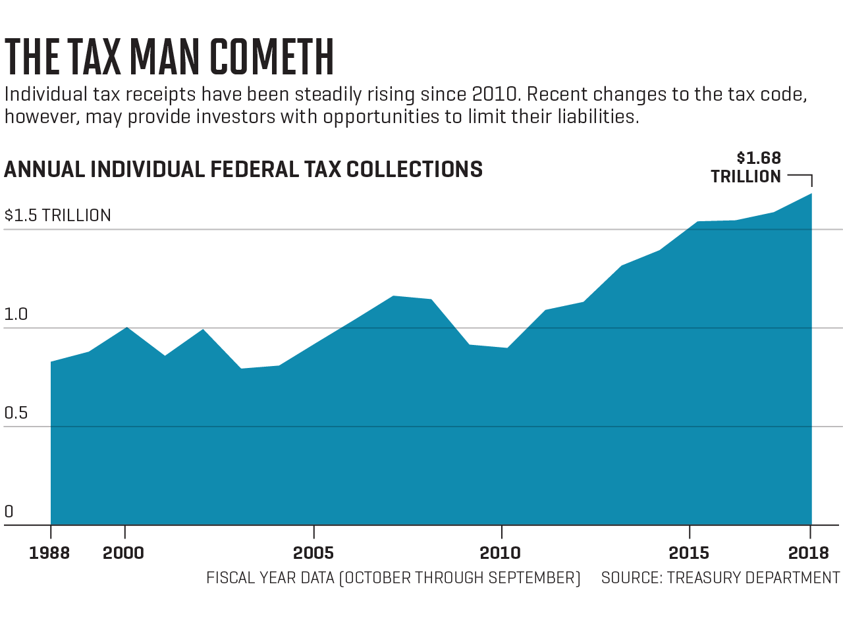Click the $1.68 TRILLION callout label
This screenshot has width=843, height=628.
(746, 167)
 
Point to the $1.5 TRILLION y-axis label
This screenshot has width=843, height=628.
(58, 216)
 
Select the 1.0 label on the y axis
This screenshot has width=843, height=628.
(16, 315)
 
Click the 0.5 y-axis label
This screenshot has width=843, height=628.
(16, 413)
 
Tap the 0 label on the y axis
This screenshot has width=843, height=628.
(9, 511)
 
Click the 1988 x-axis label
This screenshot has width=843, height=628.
(49, 553)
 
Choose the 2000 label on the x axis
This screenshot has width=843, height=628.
(124, 553)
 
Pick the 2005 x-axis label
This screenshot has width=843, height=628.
(313, 553)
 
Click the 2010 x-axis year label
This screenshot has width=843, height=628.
(501, 553)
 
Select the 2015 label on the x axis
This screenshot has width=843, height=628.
(689, 553)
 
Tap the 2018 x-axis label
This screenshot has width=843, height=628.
(809, 553)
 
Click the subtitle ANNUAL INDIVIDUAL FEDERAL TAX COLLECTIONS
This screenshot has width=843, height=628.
(244, 170)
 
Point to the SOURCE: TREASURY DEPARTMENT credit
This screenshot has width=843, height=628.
(721, 578)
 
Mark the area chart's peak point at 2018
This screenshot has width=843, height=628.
(811, 194)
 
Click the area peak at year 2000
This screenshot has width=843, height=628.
(126, 327)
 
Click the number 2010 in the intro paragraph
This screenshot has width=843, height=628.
(496, 95)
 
